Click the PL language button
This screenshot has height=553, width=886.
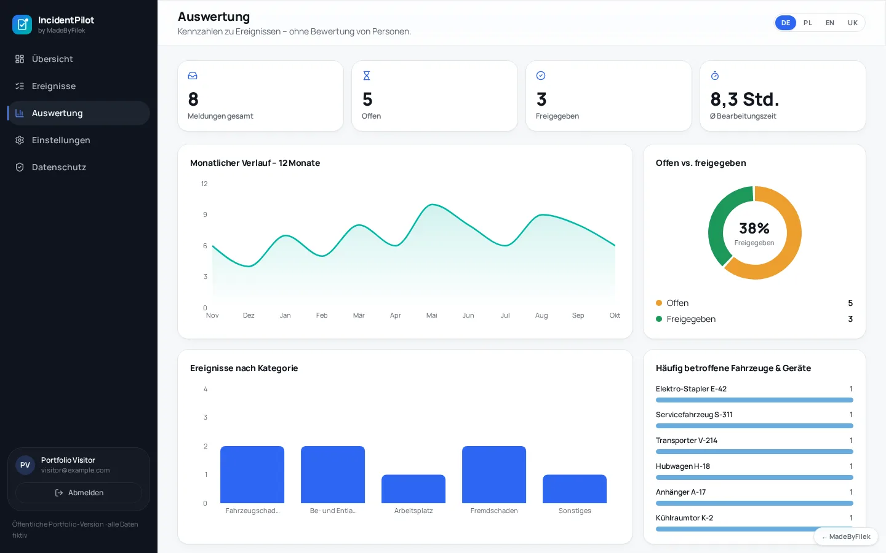point(808,23)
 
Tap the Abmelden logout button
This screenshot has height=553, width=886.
point(79,493)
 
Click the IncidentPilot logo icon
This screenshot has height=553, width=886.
point(22,25)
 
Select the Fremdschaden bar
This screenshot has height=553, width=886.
point(494,474)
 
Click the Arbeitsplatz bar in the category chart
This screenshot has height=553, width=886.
point(413,488)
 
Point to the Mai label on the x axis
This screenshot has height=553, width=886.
point(431,315)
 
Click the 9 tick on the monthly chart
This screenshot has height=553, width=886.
point(205,214)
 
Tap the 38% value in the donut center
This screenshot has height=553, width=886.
point(754,229)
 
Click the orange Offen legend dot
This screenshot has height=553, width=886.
point(659,303)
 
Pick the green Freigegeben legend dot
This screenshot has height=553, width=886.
point(659,319)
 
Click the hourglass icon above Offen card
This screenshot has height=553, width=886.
point(367,76)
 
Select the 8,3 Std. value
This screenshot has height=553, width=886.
point(744,99)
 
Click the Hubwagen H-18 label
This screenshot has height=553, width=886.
point(683,466)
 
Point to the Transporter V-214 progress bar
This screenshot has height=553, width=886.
point(754,452)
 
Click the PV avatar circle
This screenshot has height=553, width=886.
point(25,465)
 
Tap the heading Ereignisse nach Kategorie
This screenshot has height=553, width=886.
point(244,368)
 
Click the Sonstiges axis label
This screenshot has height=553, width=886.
point(575,511)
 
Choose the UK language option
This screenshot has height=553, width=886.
point(852,23)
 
